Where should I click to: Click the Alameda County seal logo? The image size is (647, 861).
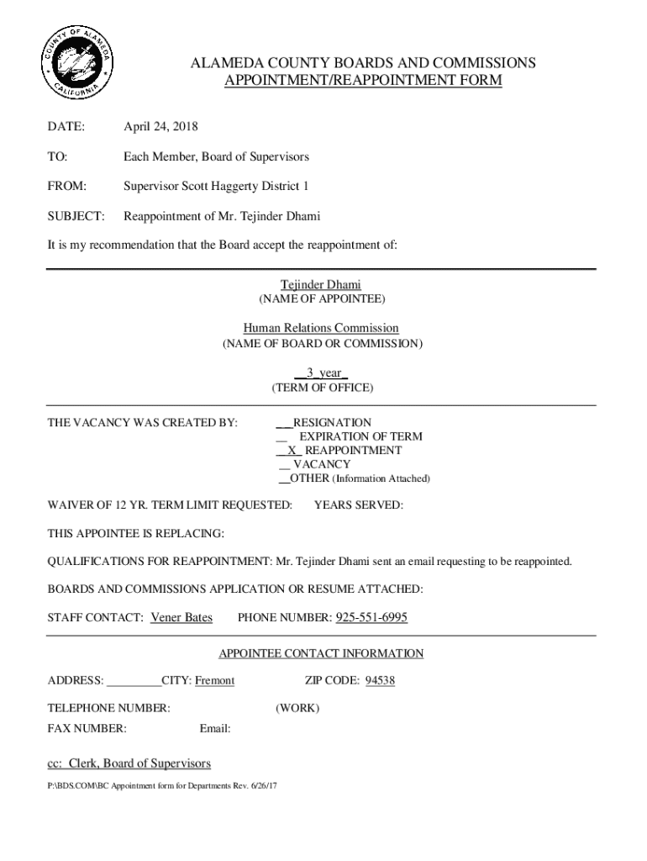pyautogui.click(x=75, y=64)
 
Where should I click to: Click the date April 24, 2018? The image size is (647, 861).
pyautogui.click(x=160, y=127)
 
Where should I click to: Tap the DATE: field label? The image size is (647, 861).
pyautogui.click(x=66, y=127)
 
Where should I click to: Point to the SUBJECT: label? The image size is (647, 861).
pyautogui.click(x=76, y=216)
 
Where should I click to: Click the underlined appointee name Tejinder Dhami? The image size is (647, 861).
pyautogui.click(x=321, y=285)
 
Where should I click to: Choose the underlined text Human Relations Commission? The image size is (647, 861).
pyautogui.click(x=321, y=328)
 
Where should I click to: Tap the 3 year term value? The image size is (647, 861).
pyautogui.click(x=321, y=372)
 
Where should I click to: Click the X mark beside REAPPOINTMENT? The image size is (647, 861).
pyautogui.click(x=292, y=451)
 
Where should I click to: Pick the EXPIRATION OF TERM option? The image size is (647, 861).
pyautogui.click(x=360, y=436)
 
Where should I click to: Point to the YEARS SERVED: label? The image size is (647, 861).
pyautogui.click(x=358, y=505)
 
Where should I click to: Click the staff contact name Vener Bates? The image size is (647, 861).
pyautogui.click(x=181, y=618)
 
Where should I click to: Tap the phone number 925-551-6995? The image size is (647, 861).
pyautogui.click(x=371, y=618)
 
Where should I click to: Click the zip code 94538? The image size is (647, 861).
pyautogui.click(x=380, y=680)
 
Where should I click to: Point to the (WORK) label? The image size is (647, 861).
pyautogui.click(x=297, y=709)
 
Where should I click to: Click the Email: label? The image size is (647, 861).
pyautogui.click(x=215, y=728)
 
